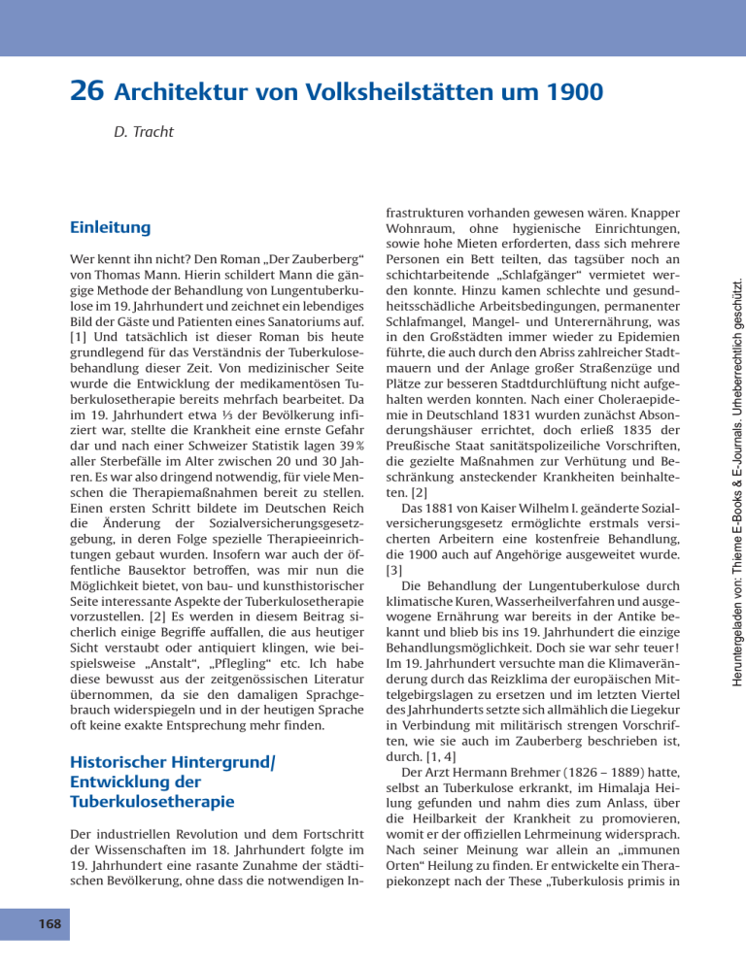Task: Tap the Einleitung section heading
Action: (x=110, y=227)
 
